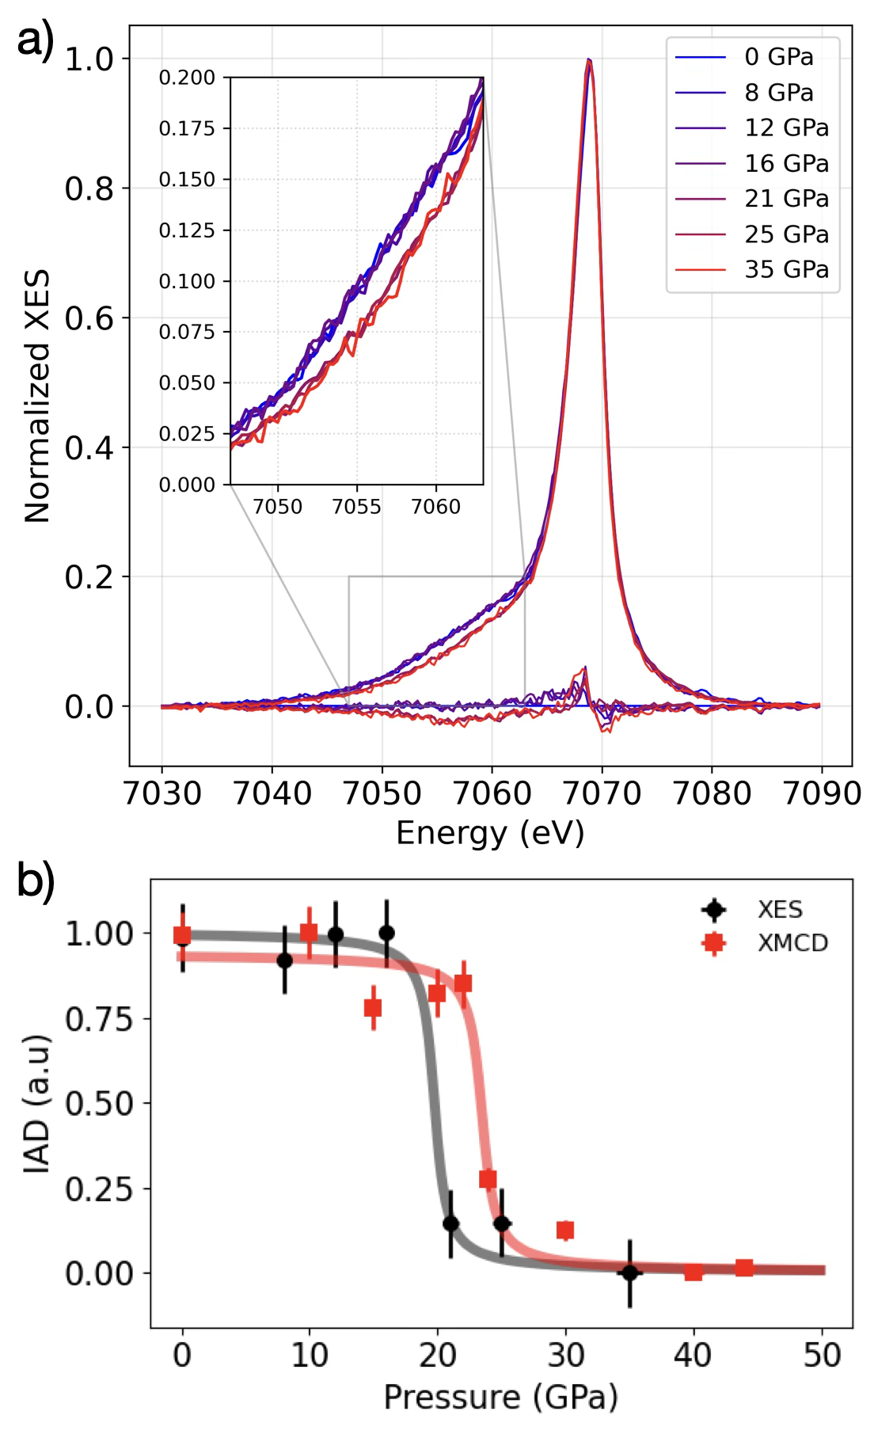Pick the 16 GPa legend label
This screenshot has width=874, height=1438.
(x=786, y=163)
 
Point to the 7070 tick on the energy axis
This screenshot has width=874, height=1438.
(x=602, y=793)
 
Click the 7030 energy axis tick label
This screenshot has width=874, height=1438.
(x=162, y=793)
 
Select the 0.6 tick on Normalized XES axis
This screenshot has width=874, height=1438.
(x=89, y=318)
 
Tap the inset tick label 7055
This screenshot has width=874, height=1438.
(x=356, y=507)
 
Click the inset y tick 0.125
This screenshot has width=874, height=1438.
(x=187, y=230)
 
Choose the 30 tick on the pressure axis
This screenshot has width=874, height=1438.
(x=565, y=1355)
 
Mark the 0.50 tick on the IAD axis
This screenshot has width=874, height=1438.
(x=99, y=1103)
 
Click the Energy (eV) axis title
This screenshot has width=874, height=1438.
(x=490, y=833)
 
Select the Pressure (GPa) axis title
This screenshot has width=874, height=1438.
(x=500, y=1398)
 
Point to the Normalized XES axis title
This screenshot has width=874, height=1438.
(x=37, y=396)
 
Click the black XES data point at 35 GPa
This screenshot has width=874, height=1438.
(x=629, y=1273)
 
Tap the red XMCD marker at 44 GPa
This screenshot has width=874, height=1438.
(x=744, y=1268)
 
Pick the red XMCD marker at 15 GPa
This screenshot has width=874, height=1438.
(x=373, y=1008)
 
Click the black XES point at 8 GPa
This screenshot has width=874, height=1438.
(x=284, y=961)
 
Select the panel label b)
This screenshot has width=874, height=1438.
(x=36, y=880)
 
